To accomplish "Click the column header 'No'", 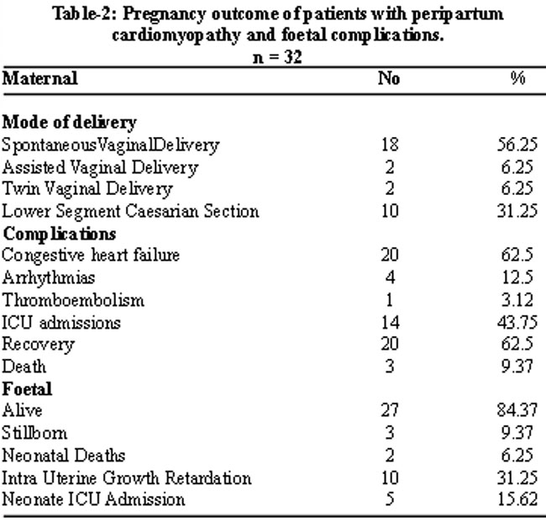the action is [389, 78].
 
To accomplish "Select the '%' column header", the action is [517, 78].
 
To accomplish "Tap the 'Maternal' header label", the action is [40, 78].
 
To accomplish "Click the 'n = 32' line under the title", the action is [277, 57].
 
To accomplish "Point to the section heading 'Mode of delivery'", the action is [69, 123].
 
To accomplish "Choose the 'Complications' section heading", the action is [60, 235].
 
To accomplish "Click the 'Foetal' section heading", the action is [27, 389].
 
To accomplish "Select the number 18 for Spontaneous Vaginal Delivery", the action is [390, 145].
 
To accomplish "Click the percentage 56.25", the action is [517, 145].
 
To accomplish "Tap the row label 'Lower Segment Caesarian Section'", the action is [130, 212].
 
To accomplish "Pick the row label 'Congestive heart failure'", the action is [91, 256].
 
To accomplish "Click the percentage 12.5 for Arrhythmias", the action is [517, 277].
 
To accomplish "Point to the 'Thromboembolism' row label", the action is [73, 300].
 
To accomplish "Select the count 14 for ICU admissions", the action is [390, 322].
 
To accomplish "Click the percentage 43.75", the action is [517, 322].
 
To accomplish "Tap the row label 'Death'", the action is [24, 366].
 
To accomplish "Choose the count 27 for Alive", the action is [390, 410].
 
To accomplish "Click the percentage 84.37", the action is [517, 410].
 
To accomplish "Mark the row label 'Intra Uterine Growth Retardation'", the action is [127, 477].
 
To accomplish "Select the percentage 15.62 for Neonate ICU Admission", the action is [517, 499].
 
